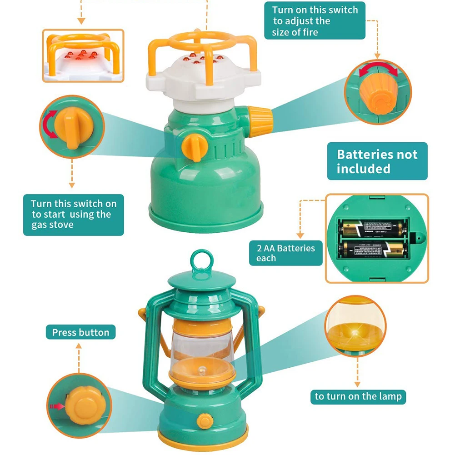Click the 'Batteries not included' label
pyautogui.click(x=377, y=161)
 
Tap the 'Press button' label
pyautogui.click(x=80, y=332)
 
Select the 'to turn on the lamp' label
pyautogui.click(x=358, y=396)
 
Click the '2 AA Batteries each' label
pyautogui.click(x=285, y=253)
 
